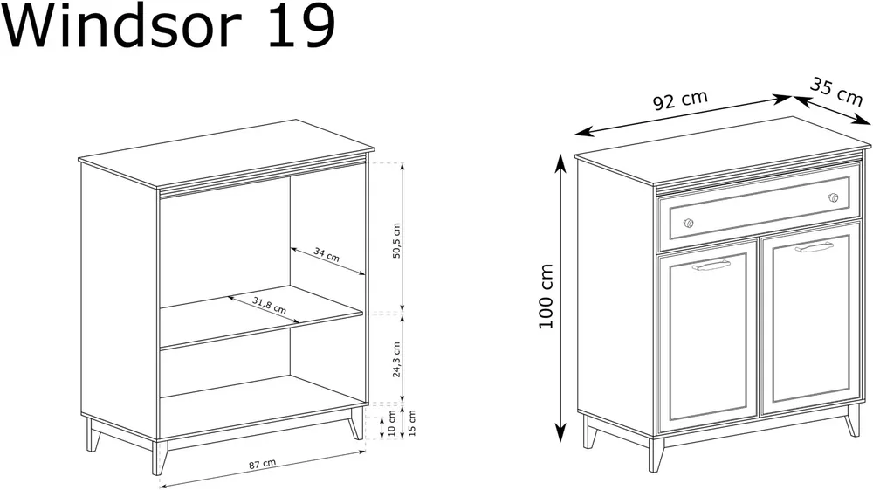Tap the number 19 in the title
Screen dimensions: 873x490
(300, 25)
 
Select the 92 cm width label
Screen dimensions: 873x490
(680, 100)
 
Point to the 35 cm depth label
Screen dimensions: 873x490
(835, 92)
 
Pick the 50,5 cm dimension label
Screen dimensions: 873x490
(396, 240)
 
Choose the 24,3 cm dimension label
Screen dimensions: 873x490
(396, 359)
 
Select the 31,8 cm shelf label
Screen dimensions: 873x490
(269, 305)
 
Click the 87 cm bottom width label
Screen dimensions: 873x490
(262, 463)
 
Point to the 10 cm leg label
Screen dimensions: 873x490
(391, 423)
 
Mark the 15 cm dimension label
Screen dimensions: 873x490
(411, 423)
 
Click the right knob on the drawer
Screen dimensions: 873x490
(833, 197)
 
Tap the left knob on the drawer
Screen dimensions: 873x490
(688, 224)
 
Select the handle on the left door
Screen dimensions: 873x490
(711, 266)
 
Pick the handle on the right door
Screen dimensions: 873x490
(814, 247)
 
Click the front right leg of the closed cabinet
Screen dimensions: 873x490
(852, 420)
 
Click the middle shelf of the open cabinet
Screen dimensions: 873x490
(261, 317)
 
